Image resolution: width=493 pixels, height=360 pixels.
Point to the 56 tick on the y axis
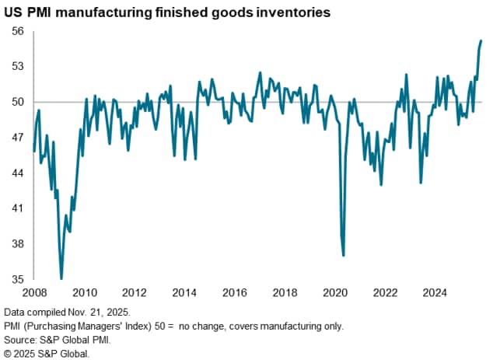(17, 31)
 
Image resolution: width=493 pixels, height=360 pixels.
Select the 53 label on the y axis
(17, 67)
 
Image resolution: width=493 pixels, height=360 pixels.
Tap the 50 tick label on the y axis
(17, 102)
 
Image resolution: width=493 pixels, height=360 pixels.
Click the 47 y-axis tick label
(17, 138)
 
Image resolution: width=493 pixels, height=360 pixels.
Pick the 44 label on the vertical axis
(17, 173)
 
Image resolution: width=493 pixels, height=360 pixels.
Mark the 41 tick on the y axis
(17, 208)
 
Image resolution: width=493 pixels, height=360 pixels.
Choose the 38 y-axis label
(17, 244)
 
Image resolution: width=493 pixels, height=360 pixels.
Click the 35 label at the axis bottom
(17, 279)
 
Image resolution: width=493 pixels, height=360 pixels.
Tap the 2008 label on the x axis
(33, 293)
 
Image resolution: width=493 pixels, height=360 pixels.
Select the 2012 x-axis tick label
(135, 293)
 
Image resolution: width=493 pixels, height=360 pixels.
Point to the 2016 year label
(235, 293)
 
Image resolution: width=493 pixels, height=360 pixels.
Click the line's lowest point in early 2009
(61, 278)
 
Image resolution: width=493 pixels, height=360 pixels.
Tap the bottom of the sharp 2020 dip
(344, 255)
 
